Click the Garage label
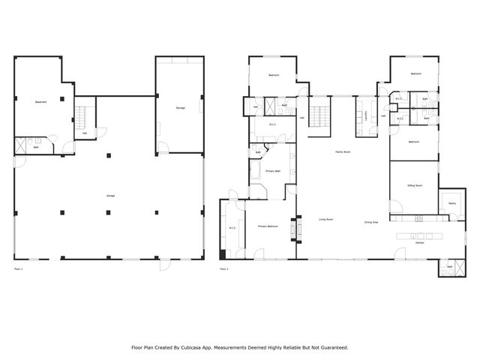(110, 196)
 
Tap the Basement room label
(40, 102)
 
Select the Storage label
(180, 108)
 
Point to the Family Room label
(344, 152)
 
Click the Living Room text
(325, 220)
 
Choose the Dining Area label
(370, 223)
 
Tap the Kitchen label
(420, 243)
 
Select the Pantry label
(452, 202)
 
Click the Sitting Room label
(414, 184)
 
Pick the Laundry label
(365, 116)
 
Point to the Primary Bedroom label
(268, 226)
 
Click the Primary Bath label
(273, 172)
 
